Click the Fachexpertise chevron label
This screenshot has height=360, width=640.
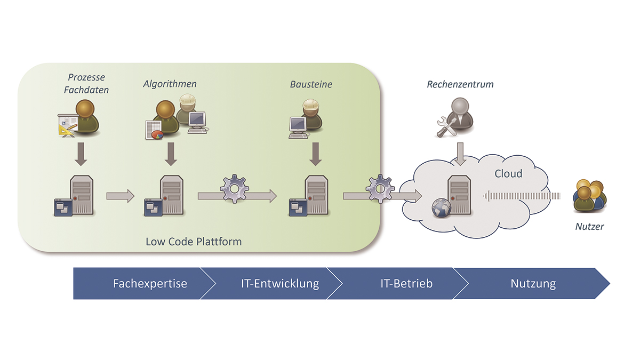tap(150, 283)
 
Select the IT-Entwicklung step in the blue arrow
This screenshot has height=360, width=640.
tap(280, 283)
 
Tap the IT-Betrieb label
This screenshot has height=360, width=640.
tap(406, 283)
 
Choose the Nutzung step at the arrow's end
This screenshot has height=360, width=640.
tap(533, 283)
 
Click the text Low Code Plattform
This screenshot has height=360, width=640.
tap(194, 242)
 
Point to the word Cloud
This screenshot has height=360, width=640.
tap(508, 173)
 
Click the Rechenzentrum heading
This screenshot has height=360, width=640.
tap(460, 84)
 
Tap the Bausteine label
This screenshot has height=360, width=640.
tap(311, 84)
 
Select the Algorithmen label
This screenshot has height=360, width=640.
tap(170, 84)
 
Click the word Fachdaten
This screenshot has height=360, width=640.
tap(86, 90)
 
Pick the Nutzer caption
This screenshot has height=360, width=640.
tap(589, 227)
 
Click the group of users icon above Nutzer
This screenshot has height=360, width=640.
tap(589, 196)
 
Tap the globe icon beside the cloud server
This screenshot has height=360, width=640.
tap(442, 208)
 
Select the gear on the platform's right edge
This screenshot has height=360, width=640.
tap(380, 189)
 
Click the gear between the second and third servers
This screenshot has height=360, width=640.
tap(234, 189)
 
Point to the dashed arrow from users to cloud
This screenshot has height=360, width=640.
tap(522, 196)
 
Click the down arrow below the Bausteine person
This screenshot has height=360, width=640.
tap(315, 154)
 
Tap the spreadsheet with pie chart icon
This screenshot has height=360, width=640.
tap(154, 130)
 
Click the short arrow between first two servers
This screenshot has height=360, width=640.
tap(121, 196)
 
